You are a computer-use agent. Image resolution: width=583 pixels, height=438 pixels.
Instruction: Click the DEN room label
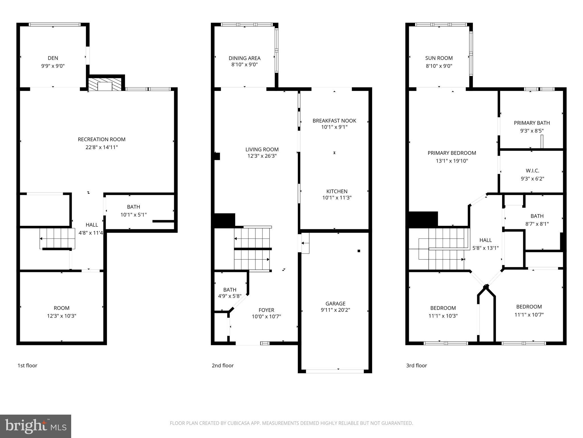pyautogui.click(x=53, y=58)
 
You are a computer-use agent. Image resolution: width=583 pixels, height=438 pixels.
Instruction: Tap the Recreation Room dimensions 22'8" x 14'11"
pyautogui.click(x=102, y=147)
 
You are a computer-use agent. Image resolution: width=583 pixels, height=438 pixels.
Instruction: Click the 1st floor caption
pyautogui.click(x=27, y=366)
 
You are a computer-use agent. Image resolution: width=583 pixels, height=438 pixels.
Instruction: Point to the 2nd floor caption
pyautogui.click(x=223, y=366)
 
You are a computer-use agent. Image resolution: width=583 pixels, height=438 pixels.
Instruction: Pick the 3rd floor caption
pyautogui.click(x=416, y=366)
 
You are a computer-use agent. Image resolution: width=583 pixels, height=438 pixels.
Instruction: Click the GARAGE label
pyautogui.click(x=335, y=304)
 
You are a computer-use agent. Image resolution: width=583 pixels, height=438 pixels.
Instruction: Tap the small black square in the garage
pyautogui.click(x=359, y=251)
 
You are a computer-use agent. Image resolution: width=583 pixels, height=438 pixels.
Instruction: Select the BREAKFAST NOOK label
pyautogui.click(x=334, y=121)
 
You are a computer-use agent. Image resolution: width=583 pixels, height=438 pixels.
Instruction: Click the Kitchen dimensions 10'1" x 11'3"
pyautogui.click(x=337, y=198)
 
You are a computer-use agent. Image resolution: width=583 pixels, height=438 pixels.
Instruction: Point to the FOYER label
pyautogui.click(x=266, y=310)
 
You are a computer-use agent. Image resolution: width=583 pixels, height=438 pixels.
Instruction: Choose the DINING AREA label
pyautogui.click(x=245, y=58)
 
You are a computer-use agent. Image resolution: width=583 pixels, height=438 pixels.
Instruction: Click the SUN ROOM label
pyautogui.click(x=439, y=58)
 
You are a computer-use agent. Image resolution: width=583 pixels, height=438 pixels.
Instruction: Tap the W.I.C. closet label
pyautogui.click(x=532, y=171)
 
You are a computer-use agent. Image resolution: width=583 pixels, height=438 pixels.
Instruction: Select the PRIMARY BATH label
pyautogui.click(x=532, y=123)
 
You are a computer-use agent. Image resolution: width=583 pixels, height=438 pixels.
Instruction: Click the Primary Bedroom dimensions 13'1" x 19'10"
pyautogui.click(x=452, y=161)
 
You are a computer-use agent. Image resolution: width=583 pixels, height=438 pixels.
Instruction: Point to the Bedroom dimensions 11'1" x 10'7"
pyautogui.click(x=529, y=315)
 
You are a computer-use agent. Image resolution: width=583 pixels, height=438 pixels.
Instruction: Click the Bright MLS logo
pyautogui.click(x=36, y=426)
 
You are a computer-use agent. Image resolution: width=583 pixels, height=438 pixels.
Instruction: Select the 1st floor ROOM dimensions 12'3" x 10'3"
pyautogui.click(x=61, y=316)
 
